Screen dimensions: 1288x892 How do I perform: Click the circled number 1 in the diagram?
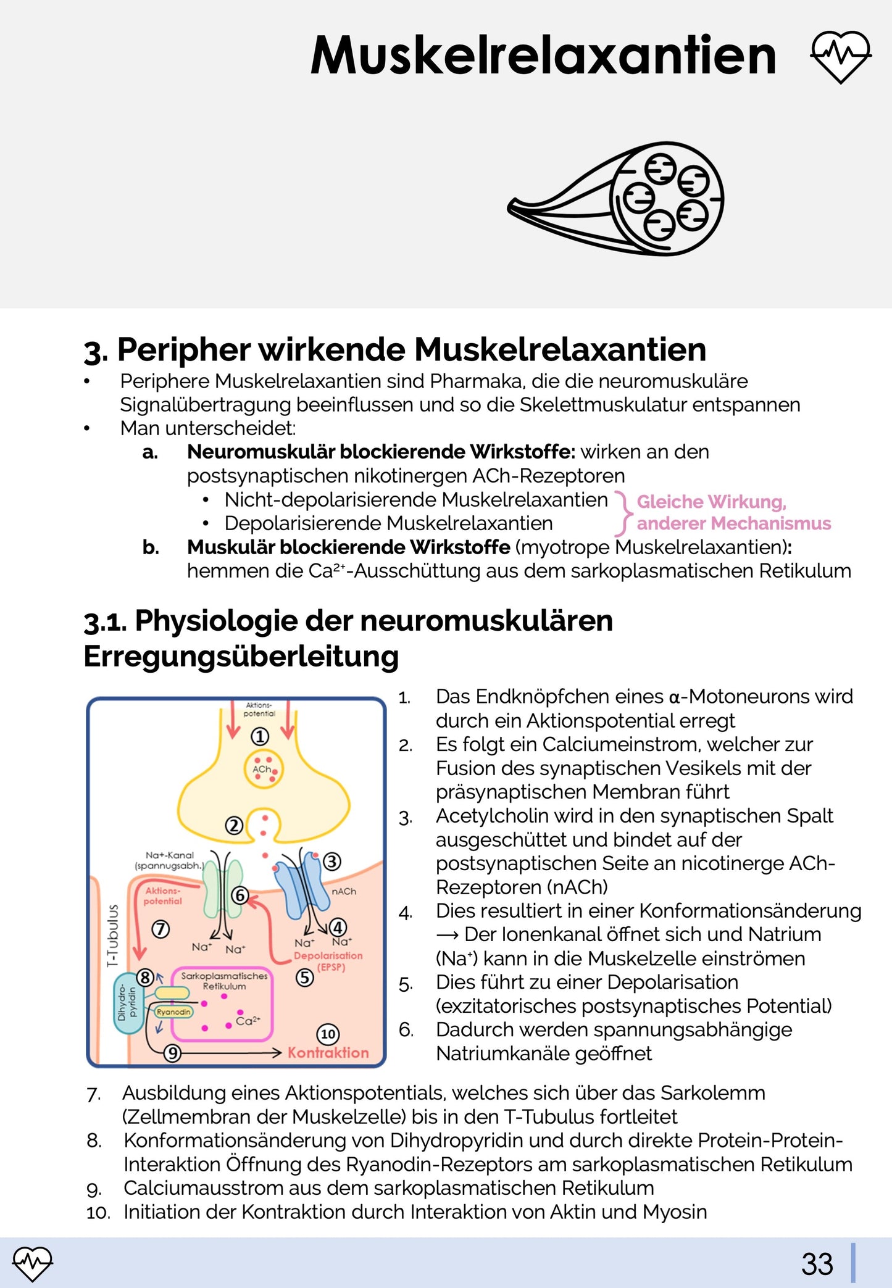[x=260, y=736]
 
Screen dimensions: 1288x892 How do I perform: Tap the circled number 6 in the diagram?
[x=240, y=895]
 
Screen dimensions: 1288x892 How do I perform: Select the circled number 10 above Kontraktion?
[x=328, y=1034]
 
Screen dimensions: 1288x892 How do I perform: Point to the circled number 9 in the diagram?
[x=172, y=1053]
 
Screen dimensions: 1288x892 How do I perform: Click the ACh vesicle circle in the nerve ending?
[x=264, y=769]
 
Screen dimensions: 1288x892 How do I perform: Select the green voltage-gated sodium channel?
[x=222, y=889]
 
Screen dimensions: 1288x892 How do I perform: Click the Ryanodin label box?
[x=173, y=1012]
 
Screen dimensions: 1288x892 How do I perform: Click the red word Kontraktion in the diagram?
[x=328, y=1053]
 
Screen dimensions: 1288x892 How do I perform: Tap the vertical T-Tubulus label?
[x=112, y=936]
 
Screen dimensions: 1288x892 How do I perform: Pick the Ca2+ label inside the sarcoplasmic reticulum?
[x=248, y=1021]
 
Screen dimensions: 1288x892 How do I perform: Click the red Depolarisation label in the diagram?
[x=328, y=955]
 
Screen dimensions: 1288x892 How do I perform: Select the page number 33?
[x=817, y=1264]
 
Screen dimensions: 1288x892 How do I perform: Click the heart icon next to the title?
[x=840, y=56]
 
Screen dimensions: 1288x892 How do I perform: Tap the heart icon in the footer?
[x=32, y=1263]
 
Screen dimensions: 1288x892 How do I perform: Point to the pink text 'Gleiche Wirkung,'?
[x=711, y=502]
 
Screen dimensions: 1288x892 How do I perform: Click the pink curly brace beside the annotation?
[x=624, y=513]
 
